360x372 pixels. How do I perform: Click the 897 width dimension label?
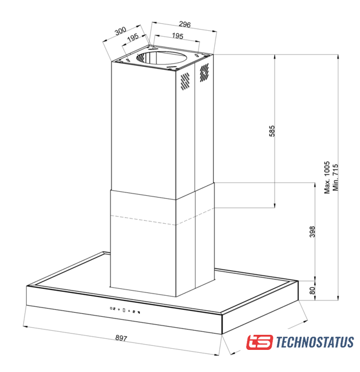coord(121,338)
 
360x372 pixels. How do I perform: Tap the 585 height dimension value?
coord(272,131)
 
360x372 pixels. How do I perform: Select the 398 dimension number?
coord(312,231)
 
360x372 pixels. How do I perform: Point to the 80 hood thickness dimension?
coord(312,291)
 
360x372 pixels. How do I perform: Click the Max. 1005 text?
coord(327,177)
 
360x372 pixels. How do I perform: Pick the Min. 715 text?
coord(336,177)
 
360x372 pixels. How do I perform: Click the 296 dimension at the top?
coord(185,24)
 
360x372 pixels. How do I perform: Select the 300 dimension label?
coord(120,31)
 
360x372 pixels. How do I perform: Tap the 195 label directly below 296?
coord(178,36)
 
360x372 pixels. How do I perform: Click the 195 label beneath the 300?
coord(133,37)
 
